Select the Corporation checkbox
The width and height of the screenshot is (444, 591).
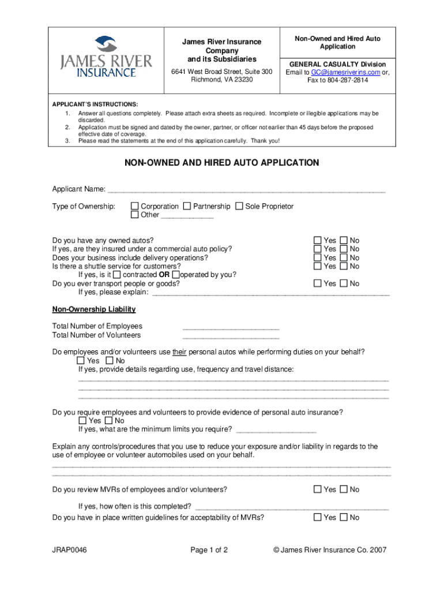click(135, 207)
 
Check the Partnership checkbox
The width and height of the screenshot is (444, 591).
click(187, 207)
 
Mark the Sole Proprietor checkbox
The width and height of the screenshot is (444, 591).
click(239, 207)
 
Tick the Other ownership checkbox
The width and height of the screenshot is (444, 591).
click(135, 215)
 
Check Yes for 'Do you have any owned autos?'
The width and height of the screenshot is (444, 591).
click(318, 240)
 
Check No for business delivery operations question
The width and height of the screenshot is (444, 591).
click(344, 257)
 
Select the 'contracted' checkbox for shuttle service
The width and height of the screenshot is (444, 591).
click(117, 275)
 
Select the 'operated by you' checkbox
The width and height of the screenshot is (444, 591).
click(176, 275)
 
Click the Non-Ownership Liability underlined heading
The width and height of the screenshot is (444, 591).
click(94, 309)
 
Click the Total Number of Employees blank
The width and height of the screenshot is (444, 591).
click(231, 327)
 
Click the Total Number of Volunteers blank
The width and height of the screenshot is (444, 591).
click(231, 336)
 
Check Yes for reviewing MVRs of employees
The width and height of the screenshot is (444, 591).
click(318, 489)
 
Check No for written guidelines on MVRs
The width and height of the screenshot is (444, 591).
click(344, 518)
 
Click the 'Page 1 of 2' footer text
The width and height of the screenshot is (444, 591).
click(209, 550)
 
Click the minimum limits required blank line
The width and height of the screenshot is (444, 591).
click(276, 430)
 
